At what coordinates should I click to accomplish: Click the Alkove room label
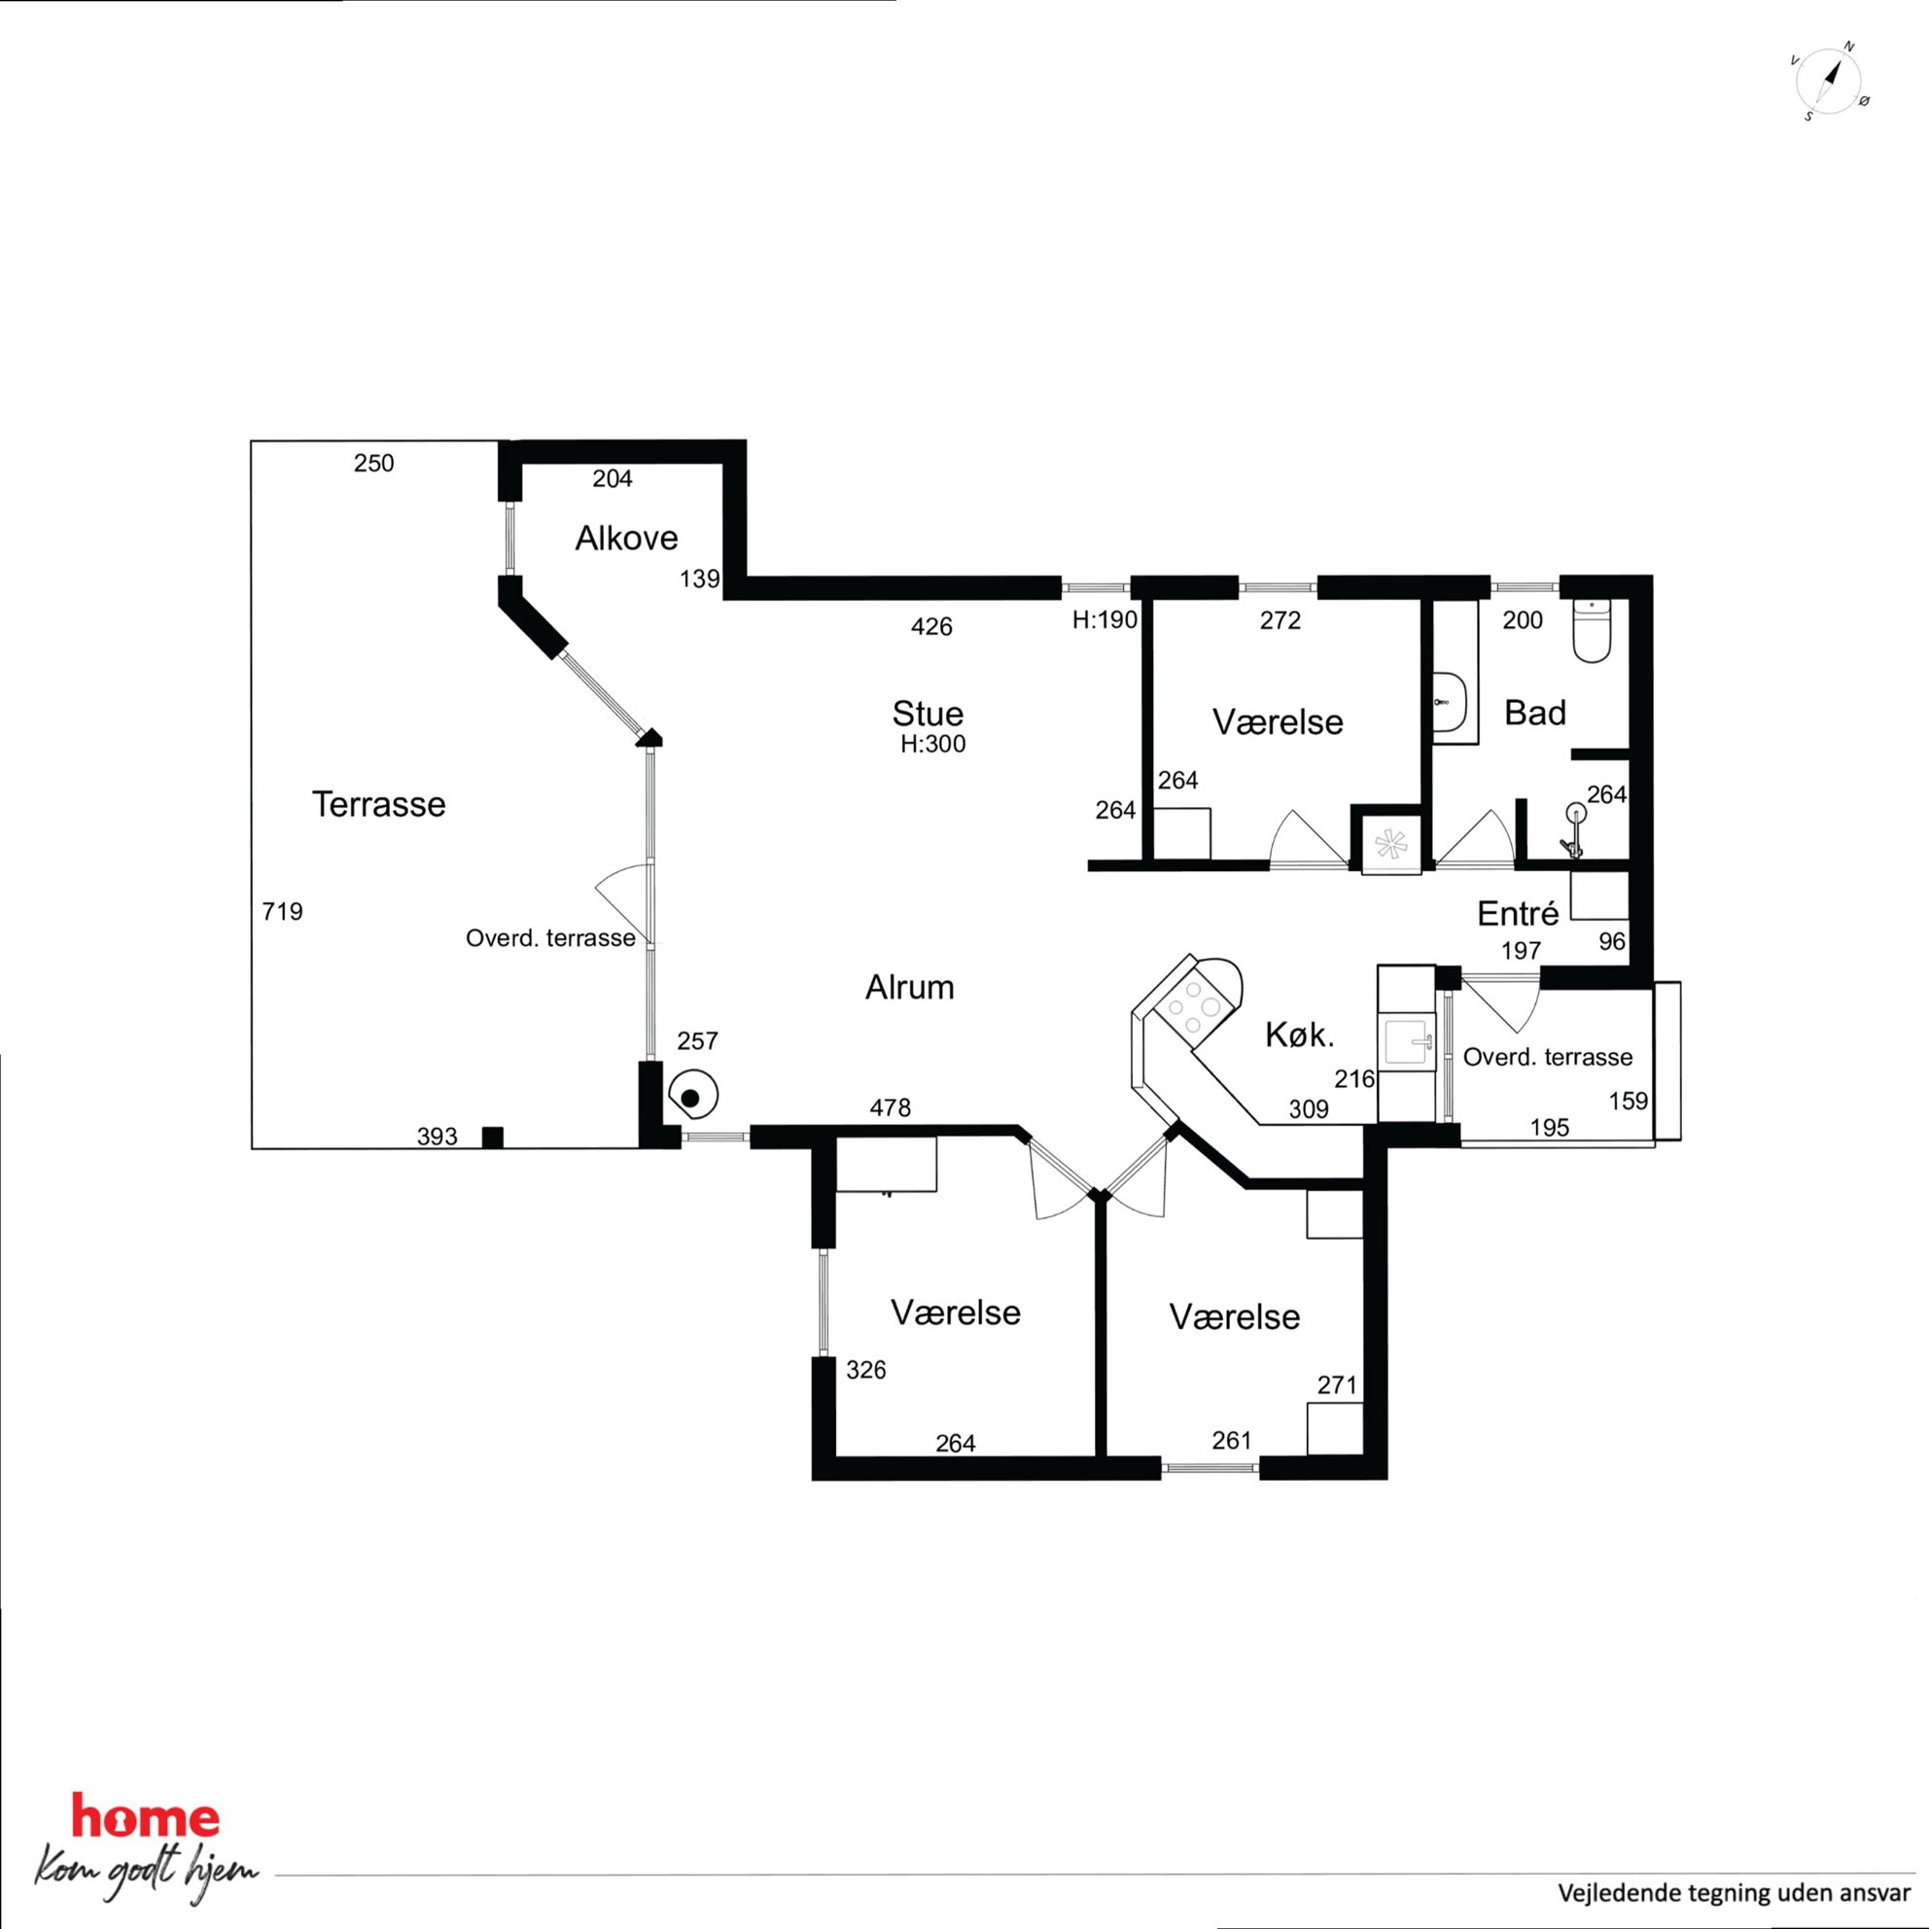point(626,539)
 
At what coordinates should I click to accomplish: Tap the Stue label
point(928,713)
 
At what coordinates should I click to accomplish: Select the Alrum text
point(910,988)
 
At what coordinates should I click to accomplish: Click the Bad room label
point(1534,713)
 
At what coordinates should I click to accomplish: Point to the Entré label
point(1518,913)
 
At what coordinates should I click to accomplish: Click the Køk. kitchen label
point(1300,1035)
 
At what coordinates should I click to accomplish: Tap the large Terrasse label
point(378,805)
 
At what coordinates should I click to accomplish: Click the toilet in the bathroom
point(1592,630)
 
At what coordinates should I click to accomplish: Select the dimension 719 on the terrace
point(283,912)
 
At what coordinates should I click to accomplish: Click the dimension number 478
point(890,1107)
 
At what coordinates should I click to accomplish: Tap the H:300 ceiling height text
point(932,744)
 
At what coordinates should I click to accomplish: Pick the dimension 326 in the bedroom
point(865,1370)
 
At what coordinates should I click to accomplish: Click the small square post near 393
point(492,1138)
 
